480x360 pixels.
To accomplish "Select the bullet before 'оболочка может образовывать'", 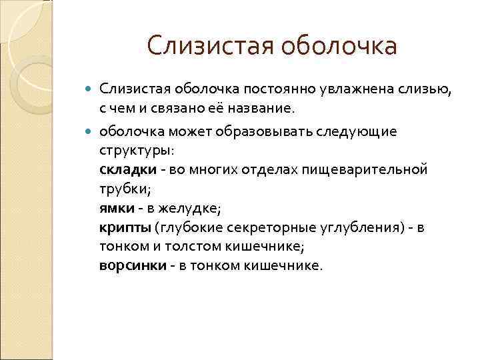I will [x=91, y=131].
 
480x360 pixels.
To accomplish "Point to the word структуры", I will [x=127, y=150].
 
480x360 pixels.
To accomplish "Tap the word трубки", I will [x=121, y=189].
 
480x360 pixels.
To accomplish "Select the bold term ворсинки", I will [x=131, y=266].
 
